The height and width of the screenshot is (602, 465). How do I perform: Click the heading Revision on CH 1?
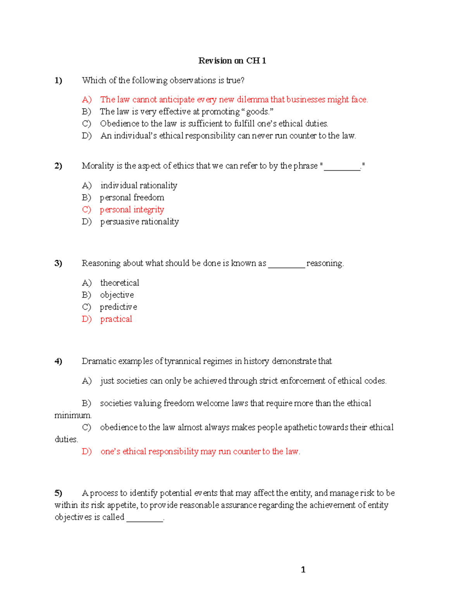tap(232, 60)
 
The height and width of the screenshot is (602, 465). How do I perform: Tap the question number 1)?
tap(58, 80)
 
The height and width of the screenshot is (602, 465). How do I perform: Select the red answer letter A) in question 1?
tap(86, 100)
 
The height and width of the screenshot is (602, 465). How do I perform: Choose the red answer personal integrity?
tap(132, 210)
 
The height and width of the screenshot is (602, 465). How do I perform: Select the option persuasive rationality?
tap(139, 222)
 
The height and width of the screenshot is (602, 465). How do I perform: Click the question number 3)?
tap(58, 263)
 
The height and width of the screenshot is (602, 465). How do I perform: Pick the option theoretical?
tap(119, 283)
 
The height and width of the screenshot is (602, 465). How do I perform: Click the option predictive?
tap(118, 307)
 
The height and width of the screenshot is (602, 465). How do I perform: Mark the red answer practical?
tap(116, 319)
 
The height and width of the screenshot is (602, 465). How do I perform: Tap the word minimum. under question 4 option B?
tap(73, 416)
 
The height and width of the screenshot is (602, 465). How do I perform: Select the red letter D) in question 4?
tap(86, 452)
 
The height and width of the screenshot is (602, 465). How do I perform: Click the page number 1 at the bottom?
tap(303, 569)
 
